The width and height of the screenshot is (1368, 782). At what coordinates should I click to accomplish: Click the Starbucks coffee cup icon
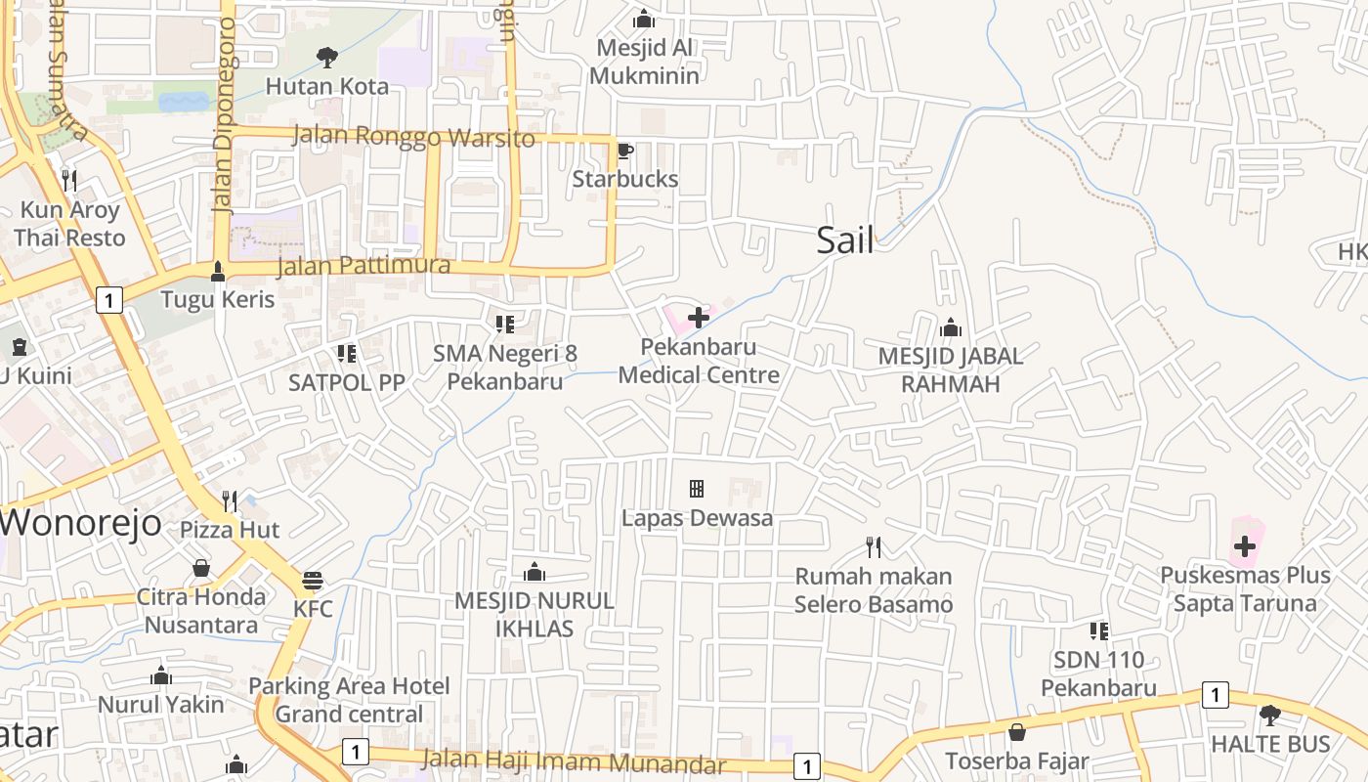click(x=624, y=151)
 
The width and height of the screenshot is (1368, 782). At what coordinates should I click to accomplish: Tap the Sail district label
click(x=845, y=240)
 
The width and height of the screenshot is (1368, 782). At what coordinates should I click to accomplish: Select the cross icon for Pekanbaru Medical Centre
click(x=699, y=318)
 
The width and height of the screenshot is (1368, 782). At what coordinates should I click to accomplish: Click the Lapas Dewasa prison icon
click(x=697, y=488)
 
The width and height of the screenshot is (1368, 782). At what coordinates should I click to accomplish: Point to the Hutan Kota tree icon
click(x=326, y=58)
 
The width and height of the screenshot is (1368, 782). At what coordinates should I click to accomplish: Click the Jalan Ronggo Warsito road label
click(x=414, y=137)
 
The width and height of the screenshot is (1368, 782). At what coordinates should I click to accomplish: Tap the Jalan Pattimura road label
click(x=363, y=265)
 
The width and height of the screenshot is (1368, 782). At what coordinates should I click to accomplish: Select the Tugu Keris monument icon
click(x=218, y=271)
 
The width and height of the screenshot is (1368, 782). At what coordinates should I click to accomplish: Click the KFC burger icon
click(x=313, y=581)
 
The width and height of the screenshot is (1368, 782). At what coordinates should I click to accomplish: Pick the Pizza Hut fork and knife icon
click(x=230, y=501)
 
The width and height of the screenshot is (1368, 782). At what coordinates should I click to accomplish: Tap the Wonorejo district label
click(x=80, y=522)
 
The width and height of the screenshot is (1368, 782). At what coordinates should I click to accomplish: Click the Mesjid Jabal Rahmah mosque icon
click(x=950, y=327)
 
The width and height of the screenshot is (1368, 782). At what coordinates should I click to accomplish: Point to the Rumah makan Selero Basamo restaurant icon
click(x=874, y=547)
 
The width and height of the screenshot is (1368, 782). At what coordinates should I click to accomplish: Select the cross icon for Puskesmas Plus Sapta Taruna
click(x=1244, y=546)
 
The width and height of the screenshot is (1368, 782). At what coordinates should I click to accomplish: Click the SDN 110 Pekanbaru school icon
click(x=1099, y=631)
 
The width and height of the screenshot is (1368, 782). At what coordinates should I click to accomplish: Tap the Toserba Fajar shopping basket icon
click(x=1017, y=732)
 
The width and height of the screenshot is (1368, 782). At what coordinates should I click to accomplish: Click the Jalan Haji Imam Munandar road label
click(x=574, y=761)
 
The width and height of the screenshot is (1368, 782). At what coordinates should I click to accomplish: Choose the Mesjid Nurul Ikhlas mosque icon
click(x=534, y=572)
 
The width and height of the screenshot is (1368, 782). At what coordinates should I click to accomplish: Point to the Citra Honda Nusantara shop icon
click(x=201, y=568)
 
